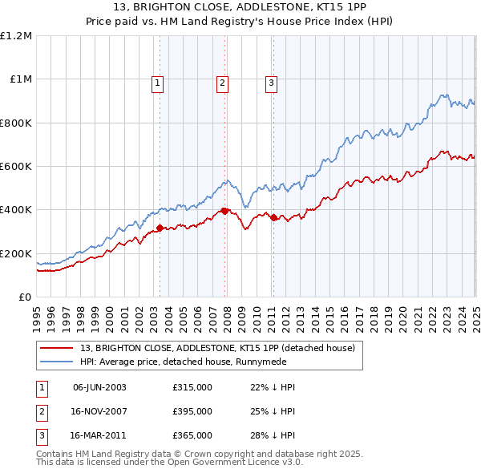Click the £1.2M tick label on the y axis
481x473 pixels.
tap(16, 36)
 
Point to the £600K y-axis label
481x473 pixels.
tap(16, 167)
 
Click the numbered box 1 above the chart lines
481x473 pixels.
tap(157, 82)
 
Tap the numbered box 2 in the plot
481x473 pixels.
tap(222, 82)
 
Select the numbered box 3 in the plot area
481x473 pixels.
tap(272, 82)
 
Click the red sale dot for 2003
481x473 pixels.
tap(160, 228)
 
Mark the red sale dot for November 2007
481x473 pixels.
tap(224, 211)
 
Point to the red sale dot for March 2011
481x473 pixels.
tap(273, 217)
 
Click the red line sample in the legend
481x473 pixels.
tap(58, 348)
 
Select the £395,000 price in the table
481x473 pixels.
tap(192, 412)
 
